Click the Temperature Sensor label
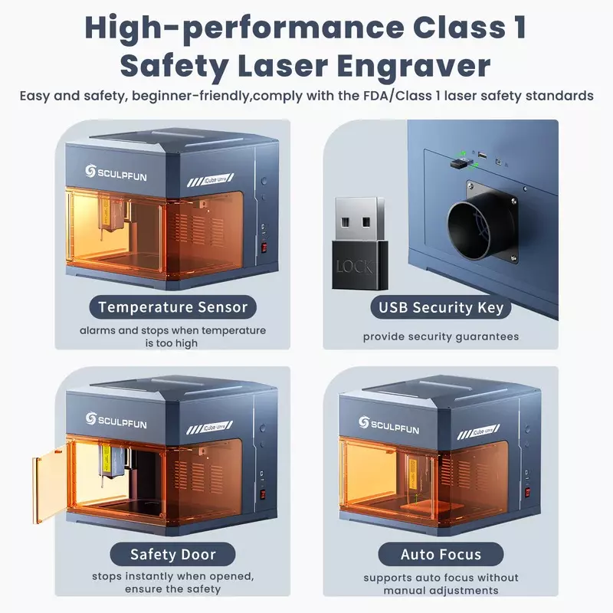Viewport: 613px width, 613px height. tap(173, 308)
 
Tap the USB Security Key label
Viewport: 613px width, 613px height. tap(441, 308)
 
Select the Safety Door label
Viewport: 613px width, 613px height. tap(173, 554)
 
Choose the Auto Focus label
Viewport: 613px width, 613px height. tap(441, 554)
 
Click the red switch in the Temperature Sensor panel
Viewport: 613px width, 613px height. tap(264, 247)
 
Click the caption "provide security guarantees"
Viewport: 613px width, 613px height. tap(441, 336)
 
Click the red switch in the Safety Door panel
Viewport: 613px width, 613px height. tap(264, 495)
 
